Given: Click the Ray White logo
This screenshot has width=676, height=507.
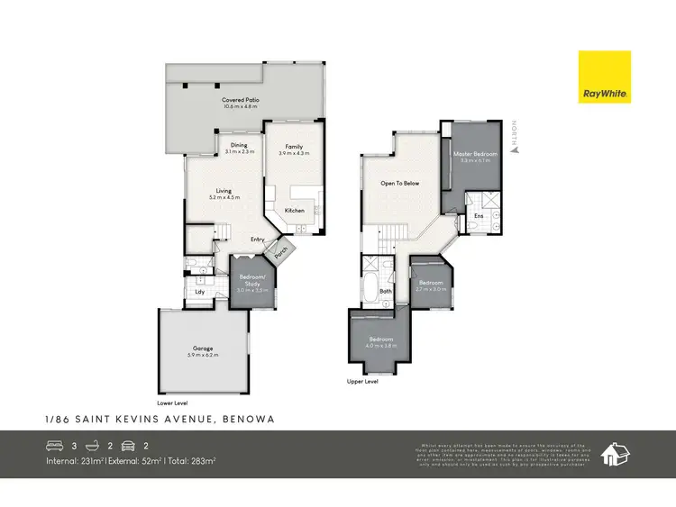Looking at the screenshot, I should click(605, 77).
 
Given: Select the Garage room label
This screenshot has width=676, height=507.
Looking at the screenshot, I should click(203, 348).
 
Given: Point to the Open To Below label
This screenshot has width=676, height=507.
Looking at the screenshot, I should click(400, 184).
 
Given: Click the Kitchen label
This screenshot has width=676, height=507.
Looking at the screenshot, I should click(295, 211).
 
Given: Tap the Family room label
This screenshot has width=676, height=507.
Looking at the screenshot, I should click(294, 147).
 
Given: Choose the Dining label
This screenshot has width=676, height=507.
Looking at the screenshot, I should click(239, 145).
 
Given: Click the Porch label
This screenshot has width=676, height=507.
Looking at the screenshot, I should click(281, 251).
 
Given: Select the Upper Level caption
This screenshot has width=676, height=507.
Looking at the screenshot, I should click(362, 382).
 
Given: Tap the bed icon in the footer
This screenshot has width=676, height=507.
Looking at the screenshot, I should click(54, 445).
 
